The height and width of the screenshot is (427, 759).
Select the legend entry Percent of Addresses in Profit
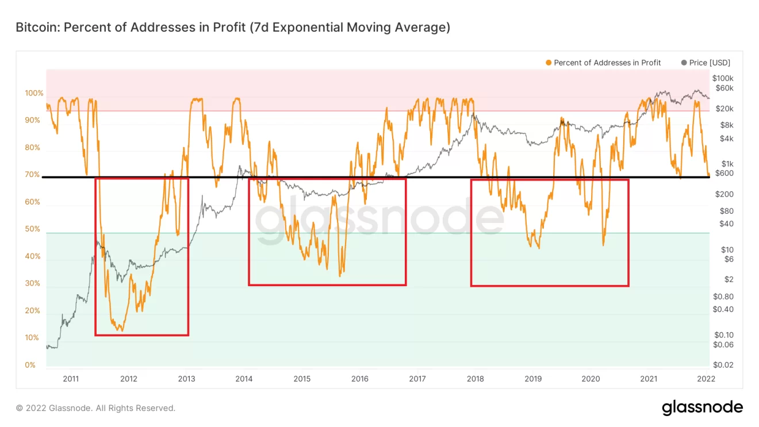click(x=607, y=63)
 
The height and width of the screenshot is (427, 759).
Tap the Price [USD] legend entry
click(x=710, y=63)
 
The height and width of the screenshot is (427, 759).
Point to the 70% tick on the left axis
click(x=33, y=175)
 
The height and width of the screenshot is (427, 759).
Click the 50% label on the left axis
click(x=33, y=229)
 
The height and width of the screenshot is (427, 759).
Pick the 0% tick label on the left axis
click(x=30, y=365)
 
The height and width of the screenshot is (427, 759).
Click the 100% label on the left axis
click(x=34, y=93)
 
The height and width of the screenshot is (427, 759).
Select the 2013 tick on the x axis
click(x=186, y=379)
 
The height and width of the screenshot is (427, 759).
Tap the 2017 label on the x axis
click(x=417, y=379)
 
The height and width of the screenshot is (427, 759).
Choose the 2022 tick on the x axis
click(x=706, y=379)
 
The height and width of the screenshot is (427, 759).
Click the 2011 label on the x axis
click(x=71, y=379)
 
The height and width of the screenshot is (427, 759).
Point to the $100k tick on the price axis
click(x=723, y=78)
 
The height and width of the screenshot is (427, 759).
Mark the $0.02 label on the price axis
click(x=723, y=365)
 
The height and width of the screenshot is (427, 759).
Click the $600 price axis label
click(x=724, y=174)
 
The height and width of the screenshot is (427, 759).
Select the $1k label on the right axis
click(x=727, y=164)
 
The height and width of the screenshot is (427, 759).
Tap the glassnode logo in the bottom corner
click(x=702, y=408)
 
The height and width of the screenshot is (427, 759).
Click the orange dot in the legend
click(x=549, y=63)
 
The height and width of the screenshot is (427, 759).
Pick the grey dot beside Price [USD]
click(x=684, y=63)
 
